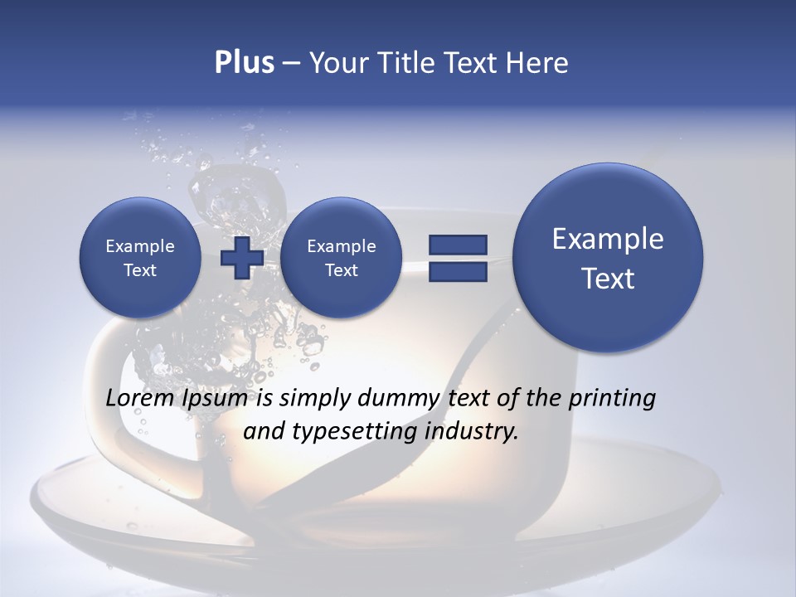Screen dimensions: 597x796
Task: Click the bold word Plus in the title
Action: pyautogui.click(x=244, y=63)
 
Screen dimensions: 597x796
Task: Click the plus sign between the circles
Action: pyautogui.click(x=241, y=258)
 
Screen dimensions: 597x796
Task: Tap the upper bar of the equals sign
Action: pyautogui.click(x=458, y=245)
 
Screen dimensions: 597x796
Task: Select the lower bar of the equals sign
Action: pyautogui.click(x=458, y=271)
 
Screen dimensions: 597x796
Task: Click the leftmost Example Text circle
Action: pyautogui.click(x=140, y=258)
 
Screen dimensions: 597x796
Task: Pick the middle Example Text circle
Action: pyautogui.click(x=341, y=258)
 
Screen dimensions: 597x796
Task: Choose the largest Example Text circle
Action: pyautogui.click(x=608, y=258)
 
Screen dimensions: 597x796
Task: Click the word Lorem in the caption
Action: pyautogui.click(x=140, y=399)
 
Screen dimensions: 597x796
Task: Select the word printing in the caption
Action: pyautogui.click(x=611, y=399)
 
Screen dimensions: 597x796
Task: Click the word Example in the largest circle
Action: pyautogui.click(x=608, y=239)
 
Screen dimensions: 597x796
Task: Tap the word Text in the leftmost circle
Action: pyautogui.click(x=140, y=270)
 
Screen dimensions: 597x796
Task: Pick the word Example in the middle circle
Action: pyautogui.click(x=341, y=246)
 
